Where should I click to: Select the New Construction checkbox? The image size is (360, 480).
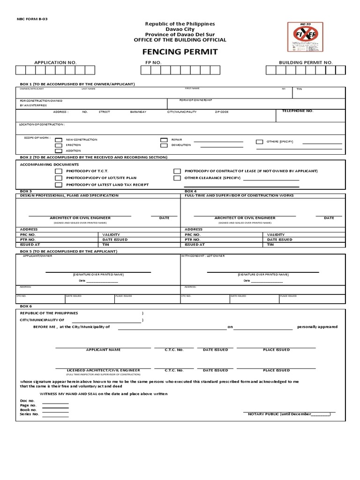pos(59,140)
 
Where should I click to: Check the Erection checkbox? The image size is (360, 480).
pos(59,145)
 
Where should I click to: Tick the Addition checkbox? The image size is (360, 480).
pos(59,151)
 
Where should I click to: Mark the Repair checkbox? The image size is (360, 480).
pos(164,140)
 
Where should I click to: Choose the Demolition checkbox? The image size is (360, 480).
pos(164,145)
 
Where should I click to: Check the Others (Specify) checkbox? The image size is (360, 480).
pos(259,142)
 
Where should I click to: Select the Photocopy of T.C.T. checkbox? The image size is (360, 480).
pos(59,172)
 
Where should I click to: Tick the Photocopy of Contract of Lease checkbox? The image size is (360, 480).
pos(177,172)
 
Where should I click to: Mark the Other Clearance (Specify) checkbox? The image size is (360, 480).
pos(177,178)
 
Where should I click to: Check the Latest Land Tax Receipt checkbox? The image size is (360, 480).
pos(59,185)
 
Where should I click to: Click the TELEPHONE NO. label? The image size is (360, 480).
pos(297,111)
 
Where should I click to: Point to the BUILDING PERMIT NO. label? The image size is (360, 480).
pos(306,62)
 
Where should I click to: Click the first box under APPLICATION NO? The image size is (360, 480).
pos(21,70)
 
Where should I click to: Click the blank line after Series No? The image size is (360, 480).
pos(55,416)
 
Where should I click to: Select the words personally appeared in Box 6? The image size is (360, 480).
pos(317,327)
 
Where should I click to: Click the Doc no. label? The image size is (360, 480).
pos(28,401)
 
